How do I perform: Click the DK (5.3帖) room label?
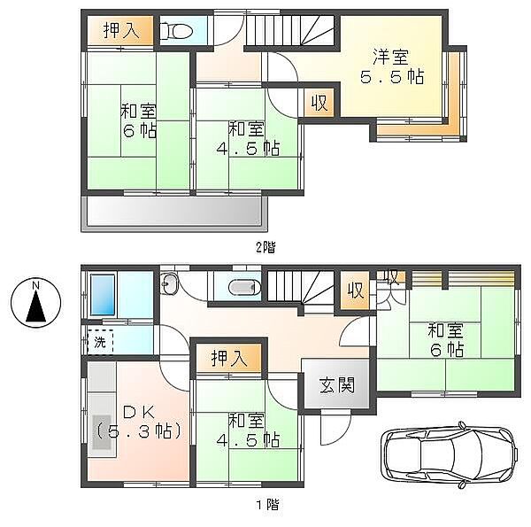click(139, 422)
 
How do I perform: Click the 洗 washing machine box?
click(99, 340)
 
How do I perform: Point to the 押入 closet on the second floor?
click(120, 31)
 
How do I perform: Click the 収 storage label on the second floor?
click(319, 103)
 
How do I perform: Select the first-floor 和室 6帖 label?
click(446, 341)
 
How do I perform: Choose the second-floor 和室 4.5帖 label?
click(249, 138)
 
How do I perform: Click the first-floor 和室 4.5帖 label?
click(250, 430)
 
